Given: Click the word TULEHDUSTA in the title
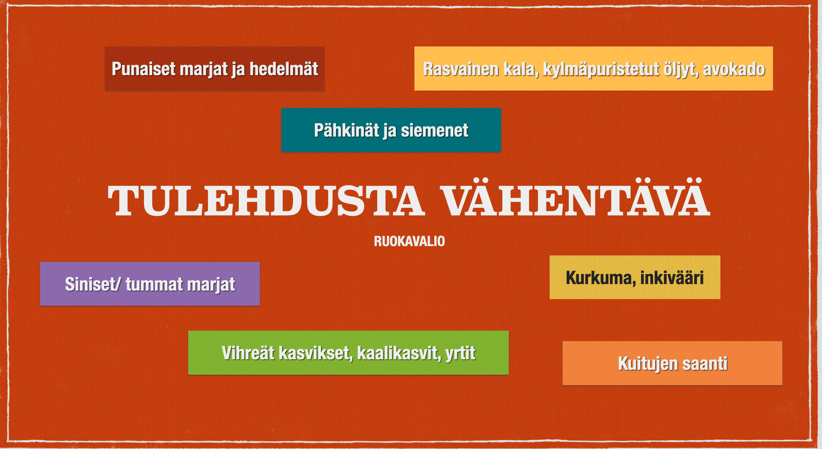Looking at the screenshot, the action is pos(266,200).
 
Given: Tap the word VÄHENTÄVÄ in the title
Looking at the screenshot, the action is pos(575,197).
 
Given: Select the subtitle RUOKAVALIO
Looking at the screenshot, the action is pos(409,241).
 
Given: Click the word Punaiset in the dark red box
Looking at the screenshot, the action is pos(143,69).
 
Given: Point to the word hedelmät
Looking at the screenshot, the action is pos(284,69).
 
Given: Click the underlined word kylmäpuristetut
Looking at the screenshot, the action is pos(601,70).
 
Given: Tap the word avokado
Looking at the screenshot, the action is pos(734,69).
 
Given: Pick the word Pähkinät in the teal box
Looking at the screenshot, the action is pos(346,130).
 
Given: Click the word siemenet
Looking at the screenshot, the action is pos(435,131).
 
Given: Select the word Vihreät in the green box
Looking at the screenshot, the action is pos(248,353).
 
